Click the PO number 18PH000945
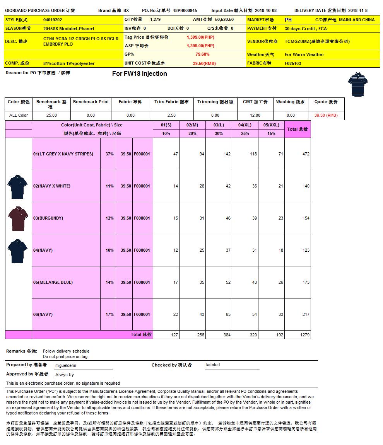185,10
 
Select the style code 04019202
53,19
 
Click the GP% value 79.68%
202,55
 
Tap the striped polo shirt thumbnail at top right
357,84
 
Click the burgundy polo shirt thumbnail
17,218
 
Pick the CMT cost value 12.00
255,115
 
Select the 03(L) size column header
219,125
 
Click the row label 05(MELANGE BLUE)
53,282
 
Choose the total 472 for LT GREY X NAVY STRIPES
306,154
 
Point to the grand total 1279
305,335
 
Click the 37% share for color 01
109,154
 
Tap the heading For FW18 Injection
139,73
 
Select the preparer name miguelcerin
66,365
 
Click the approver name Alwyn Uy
65,375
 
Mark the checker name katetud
213,365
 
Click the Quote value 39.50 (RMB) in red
326,115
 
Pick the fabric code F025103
293,63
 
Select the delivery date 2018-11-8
358,10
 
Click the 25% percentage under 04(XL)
245,133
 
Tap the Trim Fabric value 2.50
171,115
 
